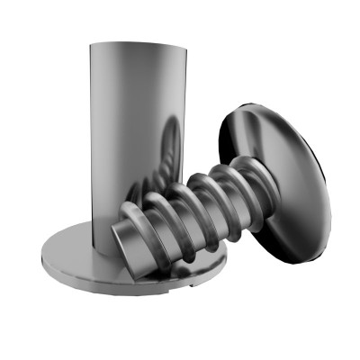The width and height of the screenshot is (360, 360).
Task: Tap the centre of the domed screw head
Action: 274,180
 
